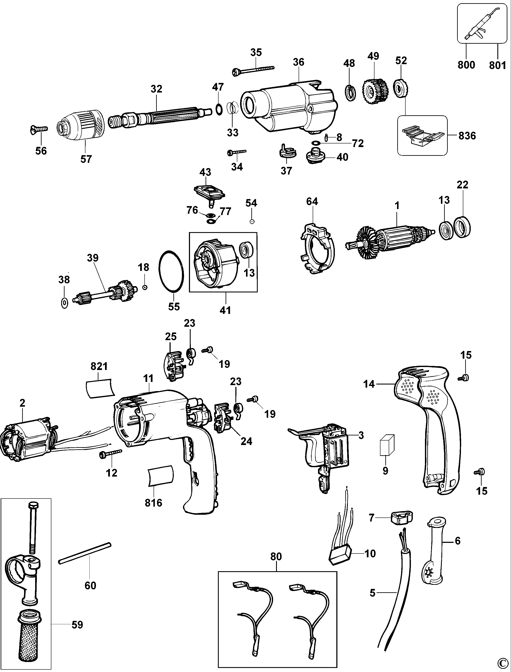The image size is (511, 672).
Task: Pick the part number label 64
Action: [x=312, y=201]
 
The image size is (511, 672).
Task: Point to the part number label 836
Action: [x=467, y=136]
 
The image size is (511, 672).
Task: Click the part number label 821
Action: [x=99, y=366]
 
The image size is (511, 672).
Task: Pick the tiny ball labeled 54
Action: [x=252, y=222]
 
